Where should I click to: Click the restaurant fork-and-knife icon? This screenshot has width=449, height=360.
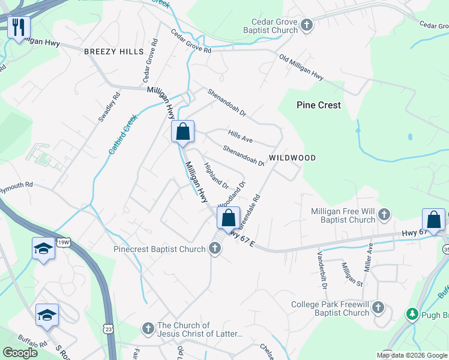pos(19,27)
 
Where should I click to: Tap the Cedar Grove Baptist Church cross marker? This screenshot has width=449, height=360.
pos(307,25)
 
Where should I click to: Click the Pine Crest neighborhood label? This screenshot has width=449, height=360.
pos(319,105)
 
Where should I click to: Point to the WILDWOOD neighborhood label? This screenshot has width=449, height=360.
pos(292,158)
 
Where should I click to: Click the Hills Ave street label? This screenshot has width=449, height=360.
pos(240,136)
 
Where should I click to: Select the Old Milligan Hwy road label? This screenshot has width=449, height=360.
pos(301,68)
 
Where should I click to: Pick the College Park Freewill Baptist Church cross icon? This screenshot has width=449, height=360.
pos(378,308)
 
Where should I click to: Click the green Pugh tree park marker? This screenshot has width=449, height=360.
pos(412,314)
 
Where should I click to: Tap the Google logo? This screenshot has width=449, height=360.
pos(20,353)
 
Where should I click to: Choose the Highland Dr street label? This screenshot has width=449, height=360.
pos(216,175)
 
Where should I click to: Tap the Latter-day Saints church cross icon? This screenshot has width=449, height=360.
pos(148,328)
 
